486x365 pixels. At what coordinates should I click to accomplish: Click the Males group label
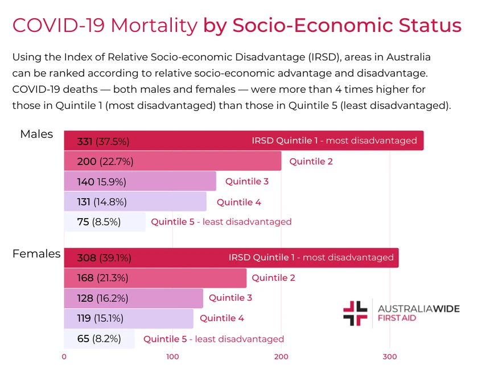click(x=36, y=134)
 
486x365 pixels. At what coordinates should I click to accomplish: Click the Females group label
click(x=36, y=254)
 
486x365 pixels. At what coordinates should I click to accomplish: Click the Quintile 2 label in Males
click(x=311, y=162)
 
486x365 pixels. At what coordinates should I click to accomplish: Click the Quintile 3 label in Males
click(x=246, y=182)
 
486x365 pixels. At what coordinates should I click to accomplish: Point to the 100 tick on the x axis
click(x=172, y=357)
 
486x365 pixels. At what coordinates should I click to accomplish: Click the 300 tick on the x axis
click(x=389, y=357)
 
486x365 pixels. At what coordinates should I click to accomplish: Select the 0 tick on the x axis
click(x=64, y=357)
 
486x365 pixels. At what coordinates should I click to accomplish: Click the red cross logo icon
click(x=356, y=313)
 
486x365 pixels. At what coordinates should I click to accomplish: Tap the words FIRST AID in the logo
click(x=397, y=318)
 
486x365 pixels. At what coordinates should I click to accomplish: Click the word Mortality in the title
click(x=154, y=26)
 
